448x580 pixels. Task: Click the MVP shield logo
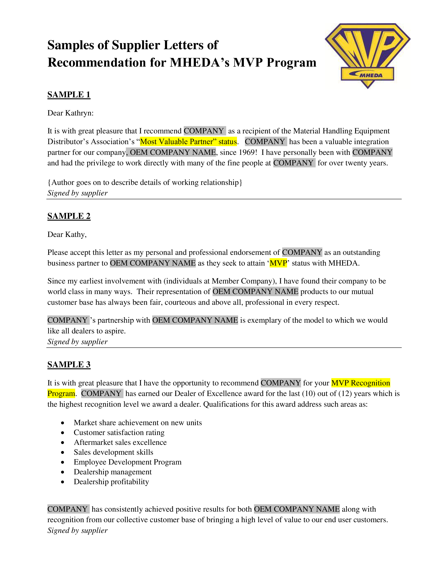(x=368, y=56)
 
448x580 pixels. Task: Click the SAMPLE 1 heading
(x=69, y=95)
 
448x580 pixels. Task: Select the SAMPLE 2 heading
(x=69, y=216)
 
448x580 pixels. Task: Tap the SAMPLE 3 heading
(x=69, y=365)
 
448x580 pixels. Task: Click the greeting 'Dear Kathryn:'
(x=71, y=113)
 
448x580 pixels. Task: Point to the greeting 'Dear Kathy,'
(x=67, y=234)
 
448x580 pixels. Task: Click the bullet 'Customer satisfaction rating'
(x=119, y=433)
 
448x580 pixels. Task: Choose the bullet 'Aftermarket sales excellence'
(x=120, y=442)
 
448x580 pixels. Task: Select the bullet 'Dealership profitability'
(x=111, y=482)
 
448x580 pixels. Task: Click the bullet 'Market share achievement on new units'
(x=138, y=423)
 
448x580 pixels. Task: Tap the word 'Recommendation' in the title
(x=97, y=63)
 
